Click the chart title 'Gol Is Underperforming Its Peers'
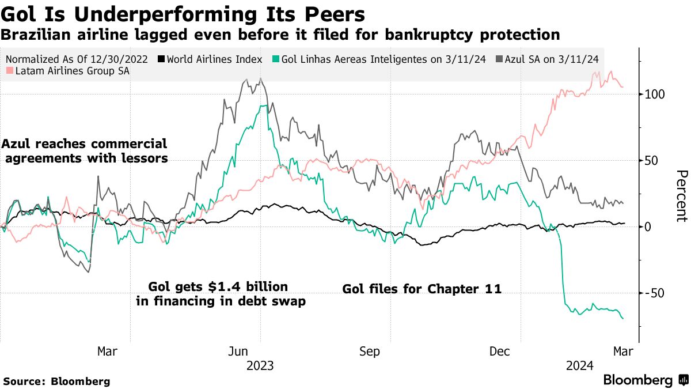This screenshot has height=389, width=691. (x=184, y=14)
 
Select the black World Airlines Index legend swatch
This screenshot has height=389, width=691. (x=162, y=59)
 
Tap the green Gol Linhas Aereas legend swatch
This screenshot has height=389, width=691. (x=276, y=59)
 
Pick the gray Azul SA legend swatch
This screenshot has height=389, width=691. (x=499, y=59)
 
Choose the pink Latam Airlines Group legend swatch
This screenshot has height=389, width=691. (x=10, y=71)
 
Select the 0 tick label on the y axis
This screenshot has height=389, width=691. (x=648, y=227)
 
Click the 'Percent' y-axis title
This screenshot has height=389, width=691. (x=681, y=196)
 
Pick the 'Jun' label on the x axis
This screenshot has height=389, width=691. (x=238, y=352)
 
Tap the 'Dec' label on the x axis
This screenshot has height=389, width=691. (x=499, y=352)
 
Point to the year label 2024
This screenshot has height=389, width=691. (x=580, y=366)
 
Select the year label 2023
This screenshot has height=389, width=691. (x=260, y=366)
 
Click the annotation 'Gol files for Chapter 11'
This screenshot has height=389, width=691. (x=422, y=289)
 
